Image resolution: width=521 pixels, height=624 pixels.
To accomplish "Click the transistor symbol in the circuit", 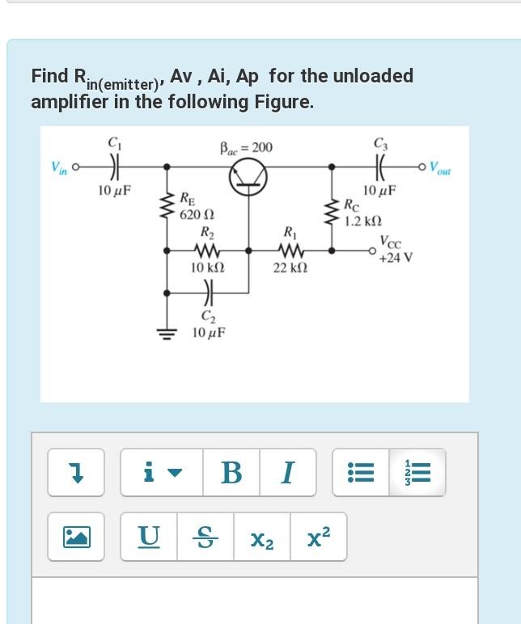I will point(247,178).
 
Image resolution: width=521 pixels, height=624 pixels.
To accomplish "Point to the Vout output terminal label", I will point(441,169).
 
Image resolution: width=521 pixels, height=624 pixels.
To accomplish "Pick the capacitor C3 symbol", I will point(380,168).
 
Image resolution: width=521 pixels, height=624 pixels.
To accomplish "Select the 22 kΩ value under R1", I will point(290,267).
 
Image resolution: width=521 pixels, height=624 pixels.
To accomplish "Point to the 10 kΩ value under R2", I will point(207,267).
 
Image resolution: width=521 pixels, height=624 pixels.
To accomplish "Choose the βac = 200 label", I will point(246,148).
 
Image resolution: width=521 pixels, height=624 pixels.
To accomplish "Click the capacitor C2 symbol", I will point(207,292).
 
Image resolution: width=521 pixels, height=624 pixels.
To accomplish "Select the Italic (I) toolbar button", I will point(288,472).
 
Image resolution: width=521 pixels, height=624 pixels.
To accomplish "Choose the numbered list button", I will point(417,472).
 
